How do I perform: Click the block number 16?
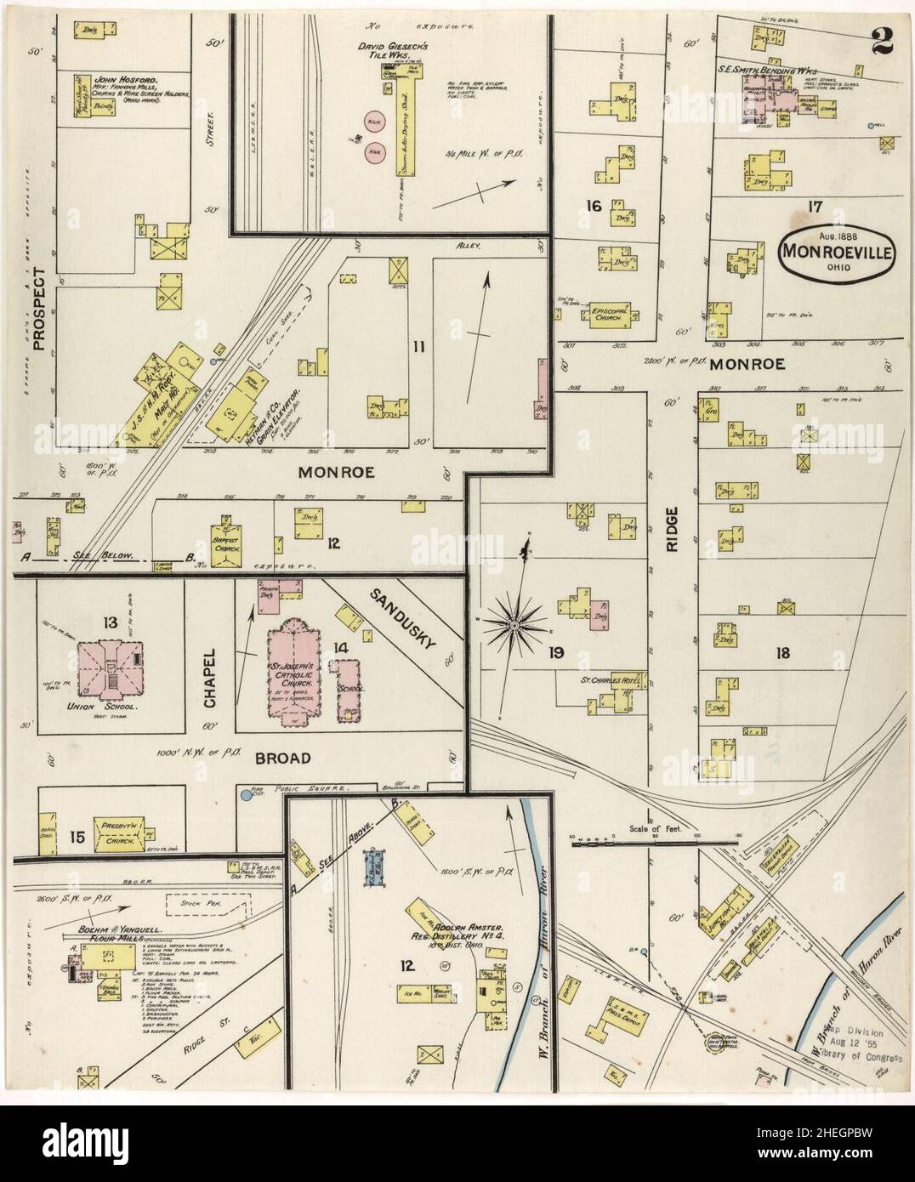pyautogui.click(x=593, y=206)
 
